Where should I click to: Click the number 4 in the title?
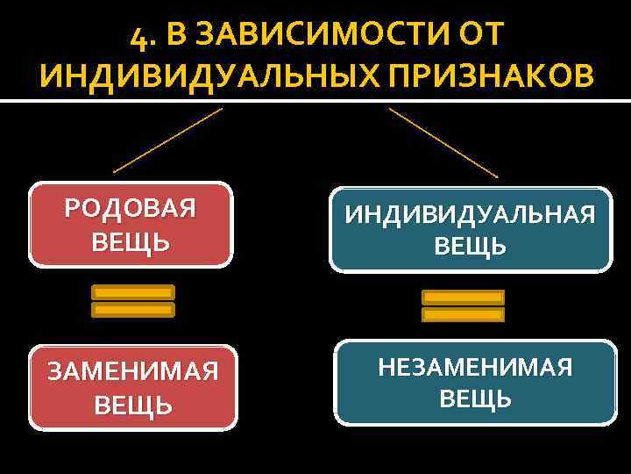[x=135, y=36]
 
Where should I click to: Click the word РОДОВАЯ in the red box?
[x=131, y=209]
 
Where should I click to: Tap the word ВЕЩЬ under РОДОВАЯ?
[x=131, y=241]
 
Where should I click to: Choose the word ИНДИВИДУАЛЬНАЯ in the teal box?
[x=471, y=214]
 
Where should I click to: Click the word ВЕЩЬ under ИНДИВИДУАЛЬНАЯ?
[x=471, y=246]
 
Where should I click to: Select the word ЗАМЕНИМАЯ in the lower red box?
[x=133, y=372]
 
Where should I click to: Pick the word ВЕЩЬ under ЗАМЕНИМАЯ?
[x=133, y=405]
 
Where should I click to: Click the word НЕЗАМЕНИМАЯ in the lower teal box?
[x=476, y=367]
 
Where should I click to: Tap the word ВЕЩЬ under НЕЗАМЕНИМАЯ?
[x=476, y=399]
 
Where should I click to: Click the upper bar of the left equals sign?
[x=133, y=292]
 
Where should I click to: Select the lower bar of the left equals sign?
[x=133, y=310]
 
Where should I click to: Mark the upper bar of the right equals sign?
[x=464, y=298]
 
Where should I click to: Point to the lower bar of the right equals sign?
[x=464, y=314]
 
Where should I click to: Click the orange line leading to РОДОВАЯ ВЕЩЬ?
[x=167, y=140]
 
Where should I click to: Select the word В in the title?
[x=175, y=36]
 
